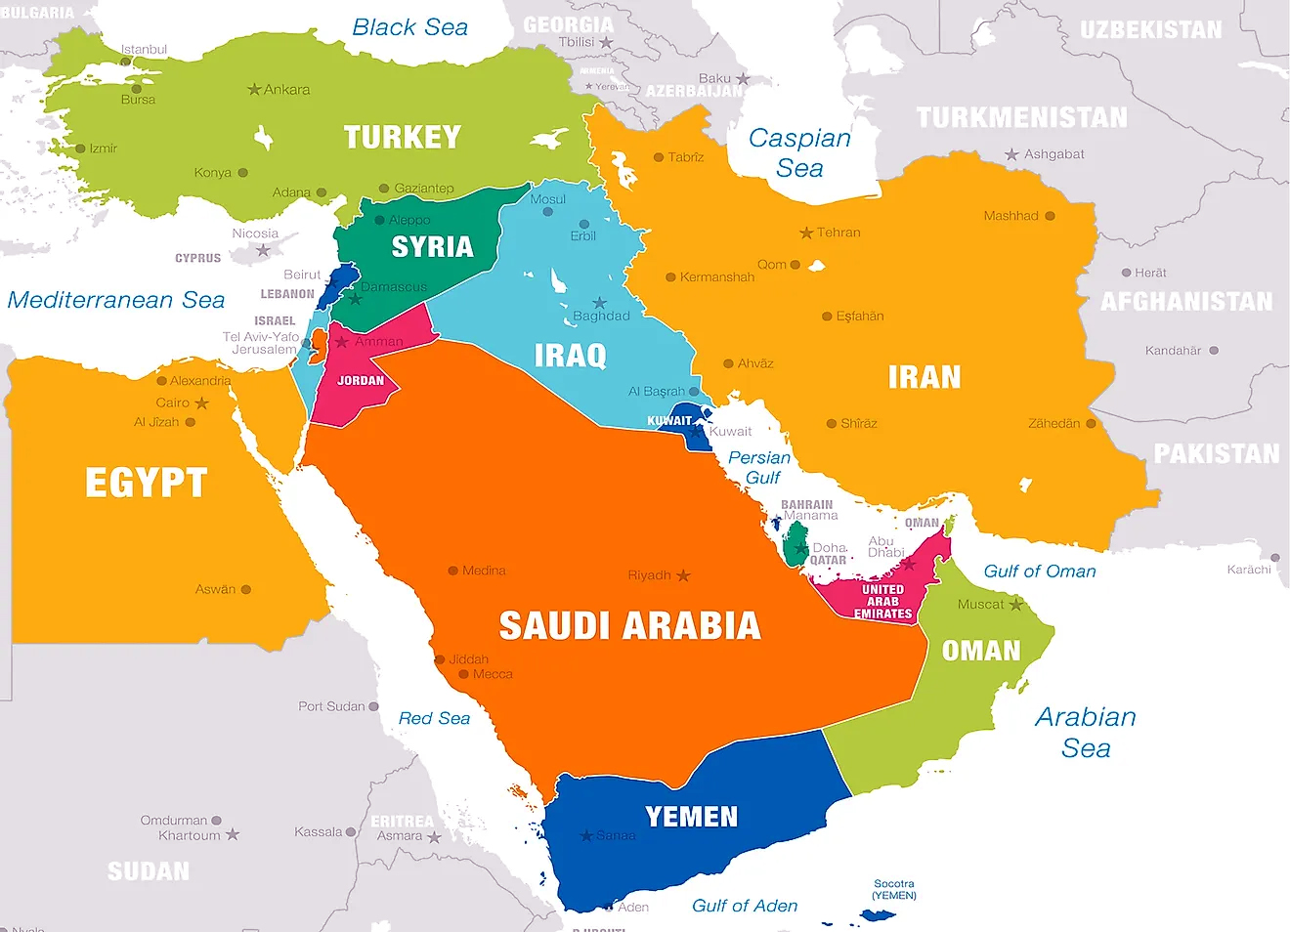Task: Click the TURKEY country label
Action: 402,138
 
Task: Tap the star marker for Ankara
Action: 254,90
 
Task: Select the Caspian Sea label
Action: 799,153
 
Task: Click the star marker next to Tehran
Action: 806,233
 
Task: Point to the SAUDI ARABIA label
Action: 629,626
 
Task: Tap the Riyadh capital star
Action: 683,575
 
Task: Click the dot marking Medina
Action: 453,571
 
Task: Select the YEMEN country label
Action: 691,817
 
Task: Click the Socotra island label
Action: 894,889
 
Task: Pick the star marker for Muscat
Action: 1015,605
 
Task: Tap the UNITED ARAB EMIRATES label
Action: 882,602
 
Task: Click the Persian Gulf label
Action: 759,468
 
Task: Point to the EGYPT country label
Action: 146,483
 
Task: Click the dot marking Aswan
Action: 246,590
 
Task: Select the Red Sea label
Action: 434,719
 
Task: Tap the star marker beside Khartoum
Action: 233,835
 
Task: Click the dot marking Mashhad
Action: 1051,216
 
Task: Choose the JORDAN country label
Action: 361,381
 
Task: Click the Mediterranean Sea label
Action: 116,300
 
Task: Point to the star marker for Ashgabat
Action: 1012,154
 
